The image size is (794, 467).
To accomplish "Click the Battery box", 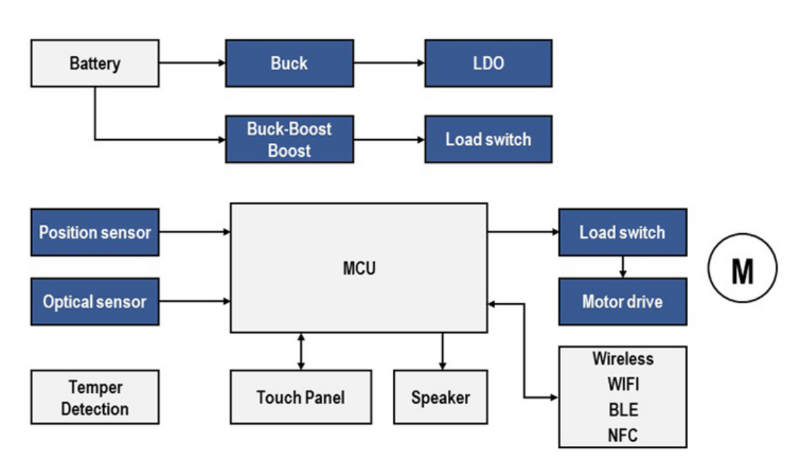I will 95,64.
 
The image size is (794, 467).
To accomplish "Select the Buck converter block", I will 289,64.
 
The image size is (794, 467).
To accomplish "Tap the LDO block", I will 488,64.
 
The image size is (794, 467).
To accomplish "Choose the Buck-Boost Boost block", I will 289,139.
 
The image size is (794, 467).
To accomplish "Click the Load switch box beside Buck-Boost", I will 488,139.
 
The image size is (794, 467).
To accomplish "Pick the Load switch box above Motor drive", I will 622,232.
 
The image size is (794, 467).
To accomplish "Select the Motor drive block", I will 622,302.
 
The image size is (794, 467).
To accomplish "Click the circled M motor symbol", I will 742,269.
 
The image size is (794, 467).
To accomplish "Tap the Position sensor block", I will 95,232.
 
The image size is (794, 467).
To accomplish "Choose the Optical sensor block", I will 95,302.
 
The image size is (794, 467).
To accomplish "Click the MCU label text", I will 359,268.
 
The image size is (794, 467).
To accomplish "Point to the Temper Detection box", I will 95,398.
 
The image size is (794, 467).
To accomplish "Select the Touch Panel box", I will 301,398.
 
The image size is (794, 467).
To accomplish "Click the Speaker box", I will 440,398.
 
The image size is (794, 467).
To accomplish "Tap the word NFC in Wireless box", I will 622,435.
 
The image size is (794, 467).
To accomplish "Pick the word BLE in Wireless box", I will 622,410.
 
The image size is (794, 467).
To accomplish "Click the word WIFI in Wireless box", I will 622,385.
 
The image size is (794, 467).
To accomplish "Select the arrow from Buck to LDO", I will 389,63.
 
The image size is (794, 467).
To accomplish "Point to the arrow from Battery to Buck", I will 192,63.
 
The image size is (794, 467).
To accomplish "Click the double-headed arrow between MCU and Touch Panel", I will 302,351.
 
